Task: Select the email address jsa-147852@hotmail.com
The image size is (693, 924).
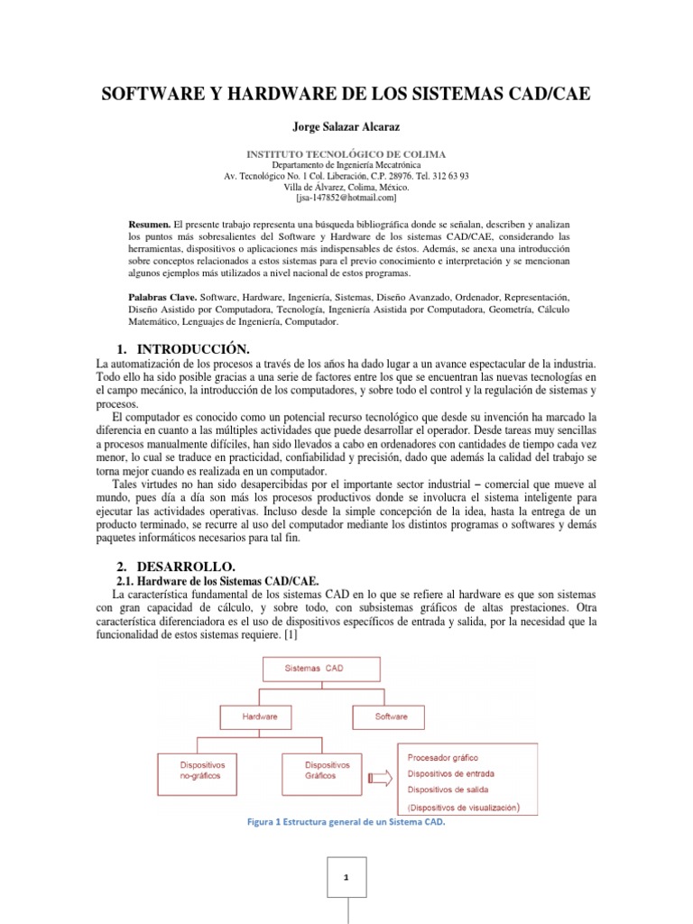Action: (346, 197)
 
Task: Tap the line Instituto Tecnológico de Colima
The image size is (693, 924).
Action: (346, 154)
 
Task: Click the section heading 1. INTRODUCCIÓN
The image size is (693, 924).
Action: (183, 349)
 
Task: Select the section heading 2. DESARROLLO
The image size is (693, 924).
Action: (176, 566)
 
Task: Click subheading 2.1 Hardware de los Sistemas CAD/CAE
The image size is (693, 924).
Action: (219, 581)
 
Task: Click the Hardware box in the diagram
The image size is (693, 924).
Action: (259, 716)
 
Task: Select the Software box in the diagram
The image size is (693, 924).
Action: (391, 716)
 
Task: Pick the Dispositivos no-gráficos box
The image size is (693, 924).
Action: (205, 768)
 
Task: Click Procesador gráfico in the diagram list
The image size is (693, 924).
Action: (443, 757)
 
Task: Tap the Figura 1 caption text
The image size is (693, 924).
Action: (346, 823)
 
